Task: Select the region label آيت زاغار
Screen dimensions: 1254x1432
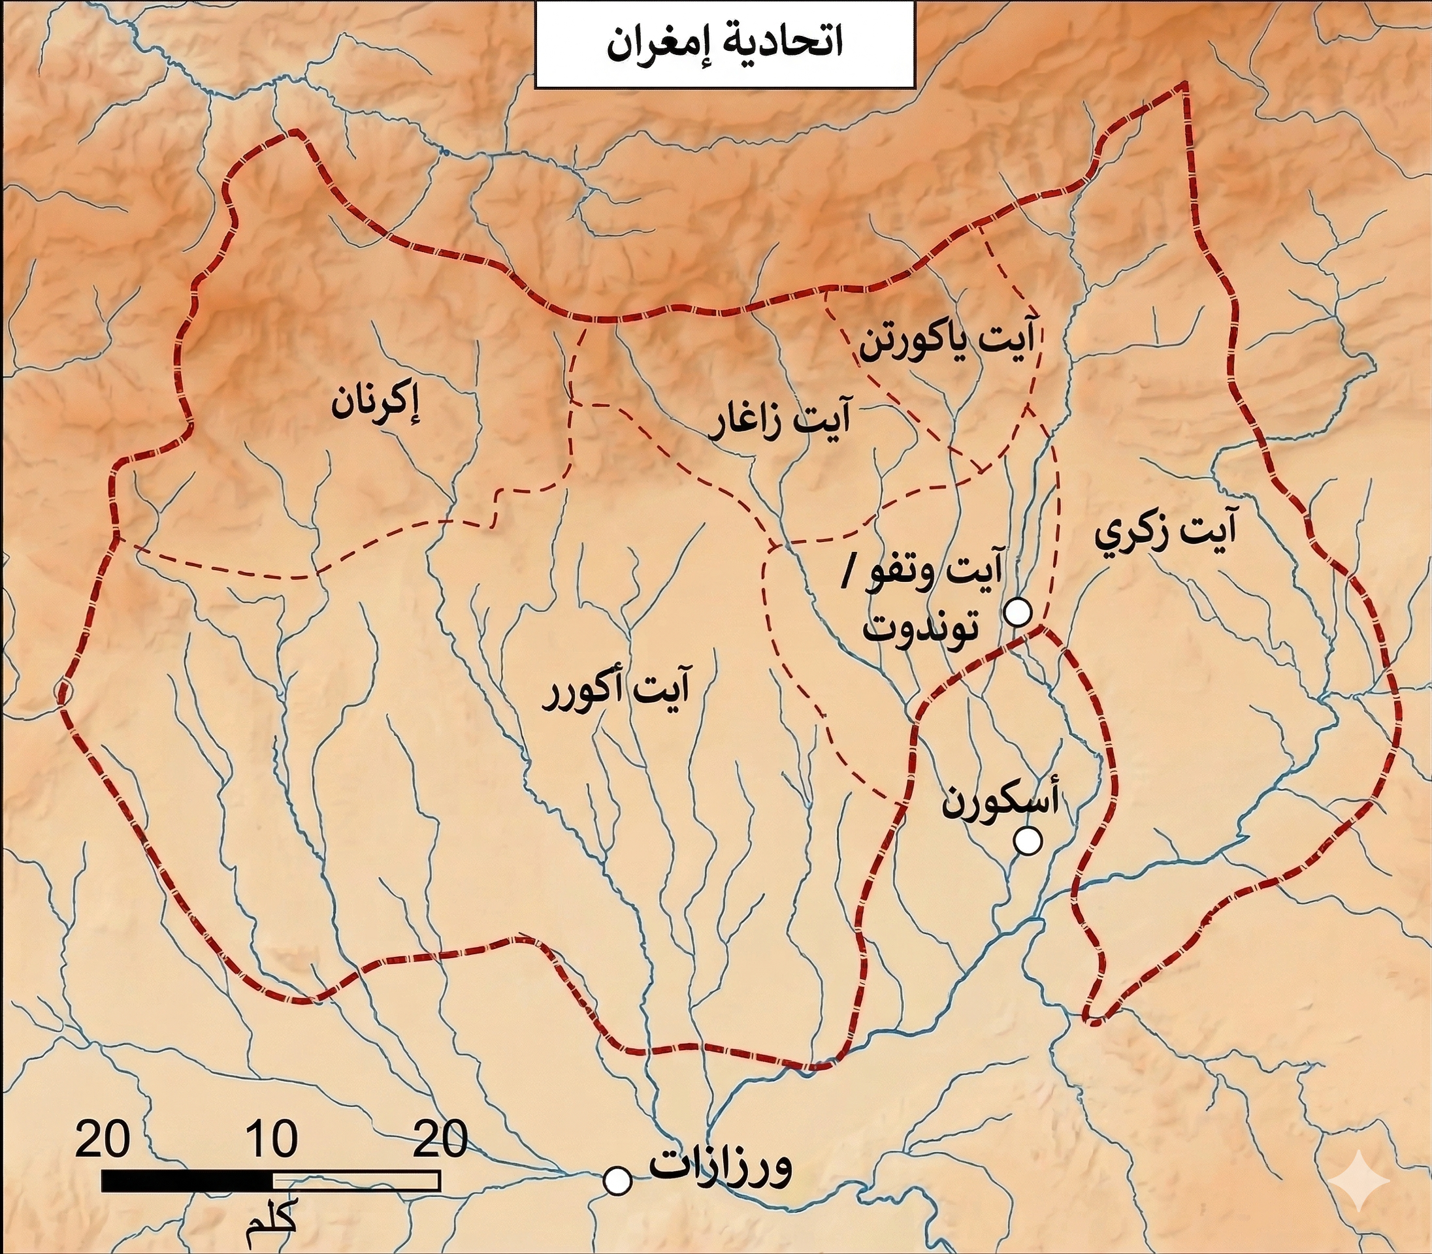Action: (779, 421)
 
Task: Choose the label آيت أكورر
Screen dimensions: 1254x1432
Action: (617, 692)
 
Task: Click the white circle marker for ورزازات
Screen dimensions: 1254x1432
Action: (617, 1182)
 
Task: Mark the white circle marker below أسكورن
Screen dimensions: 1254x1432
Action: (1028, 841)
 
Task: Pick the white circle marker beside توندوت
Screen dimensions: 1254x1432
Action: (1018, 613)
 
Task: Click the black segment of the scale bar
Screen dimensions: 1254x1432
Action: (187, 1182)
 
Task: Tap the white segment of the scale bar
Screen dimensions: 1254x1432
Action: (355, 1182)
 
